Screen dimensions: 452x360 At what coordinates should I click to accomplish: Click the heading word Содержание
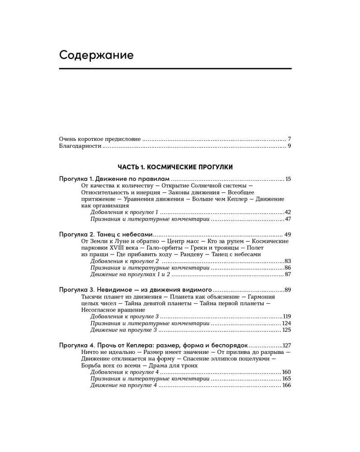pyautogui.click(x=96, y=55)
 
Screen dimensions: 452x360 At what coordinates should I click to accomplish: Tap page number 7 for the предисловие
pyautogui.click(x=289, y=139)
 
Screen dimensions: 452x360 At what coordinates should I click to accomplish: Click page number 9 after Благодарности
pyautogui.click(x=289, y=146)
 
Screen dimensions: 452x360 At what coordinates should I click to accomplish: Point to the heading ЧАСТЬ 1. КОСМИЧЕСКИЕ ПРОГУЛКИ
pyautogui.click(x=175, y=167)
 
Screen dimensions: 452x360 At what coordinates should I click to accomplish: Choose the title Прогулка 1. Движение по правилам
pyautogui.click(x=114, y=179)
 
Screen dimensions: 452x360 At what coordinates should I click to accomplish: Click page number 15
pyautogui.click(x=288, y=179)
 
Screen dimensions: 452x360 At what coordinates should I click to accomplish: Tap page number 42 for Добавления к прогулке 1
pyautogui.click(x=287, y=212)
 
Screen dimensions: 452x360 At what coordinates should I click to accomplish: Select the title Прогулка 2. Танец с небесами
pyautogui.click(x=106, y=234)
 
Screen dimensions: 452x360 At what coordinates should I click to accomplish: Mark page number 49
pyautogui.click(x=287, y=235)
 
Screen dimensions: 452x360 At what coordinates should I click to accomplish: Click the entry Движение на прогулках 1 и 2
pyautogui.click(x=130, y=274)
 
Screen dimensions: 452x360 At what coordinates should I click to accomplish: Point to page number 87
pyautogui.click(x=288, y=274)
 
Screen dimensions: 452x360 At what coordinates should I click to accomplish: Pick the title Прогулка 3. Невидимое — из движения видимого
pyautogui.click(x=135, y=289)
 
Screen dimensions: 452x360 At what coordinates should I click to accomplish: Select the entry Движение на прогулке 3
pyautogui.click(x=123, y=330)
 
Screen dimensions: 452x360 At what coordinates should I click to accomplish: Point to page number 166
pyautogui.click(x=286, y=385)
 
